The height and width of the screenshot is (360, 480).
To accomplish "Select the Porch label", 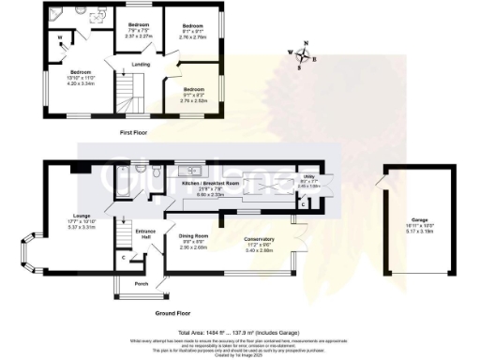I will click(x=142, y=283).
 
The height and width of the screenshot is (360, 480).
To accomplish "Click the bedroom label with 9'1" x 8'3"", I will click(x=195, y=94).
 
